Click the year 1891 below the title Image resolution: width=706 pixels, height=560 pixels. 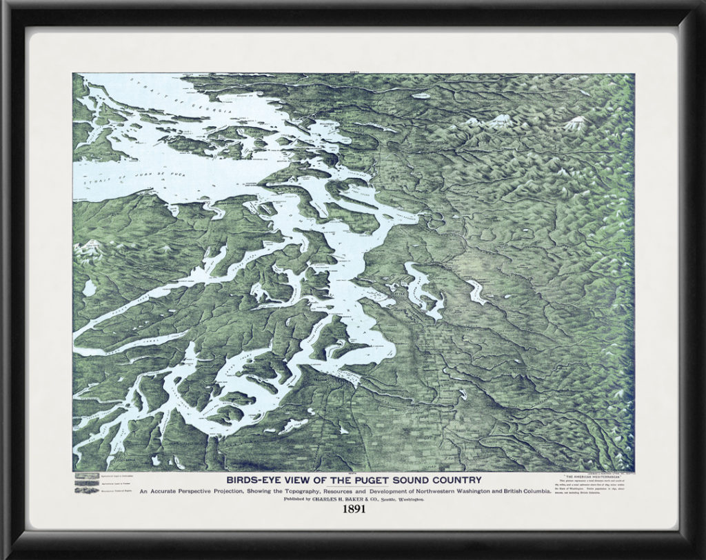coord(353,511)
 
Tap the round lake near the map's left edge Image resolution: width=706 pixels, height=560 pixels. coord(89,286)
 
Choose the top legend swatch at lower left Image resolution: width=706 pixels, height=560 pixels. coord(85,476)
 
